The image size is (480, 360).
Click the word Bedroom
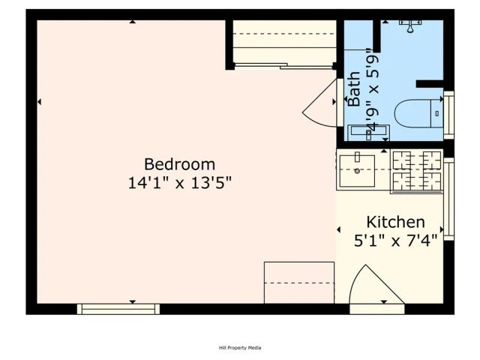tap(179, 163)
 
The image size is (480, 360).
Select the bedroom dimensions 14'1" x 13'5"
tap(179, 182)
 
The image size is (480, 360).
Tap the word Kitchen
tap(395, 222)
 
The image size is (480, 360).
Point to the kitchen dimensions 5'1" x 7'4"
tap(395, 241)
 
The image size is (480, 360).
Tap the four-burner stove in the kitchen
tap(417, 170)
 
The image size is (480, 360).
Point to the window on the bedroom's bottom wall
tap(118, 308)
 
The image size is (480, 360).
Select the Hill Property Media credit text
tap(240, 347)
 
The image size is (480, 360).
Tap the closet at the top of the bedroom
tap(283, 41)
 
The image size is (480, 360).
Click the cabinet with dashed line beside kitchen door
tap(298, 282)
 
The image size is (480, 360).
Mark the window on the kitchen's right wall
tap(448, 199)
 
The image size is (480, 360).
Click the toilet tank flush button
tap(437, 113)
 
